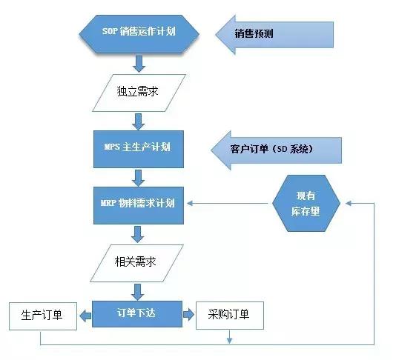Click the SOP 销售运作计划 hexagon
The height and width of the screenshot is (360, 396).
139,33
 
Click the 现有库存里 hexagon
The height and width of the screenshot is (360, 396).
306,202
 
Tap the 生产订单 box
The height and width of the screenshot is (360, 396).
40,316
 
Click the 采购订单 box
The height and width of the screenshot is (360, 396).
229,316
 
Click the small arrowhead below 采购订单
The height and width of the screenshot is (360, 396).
230,339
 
